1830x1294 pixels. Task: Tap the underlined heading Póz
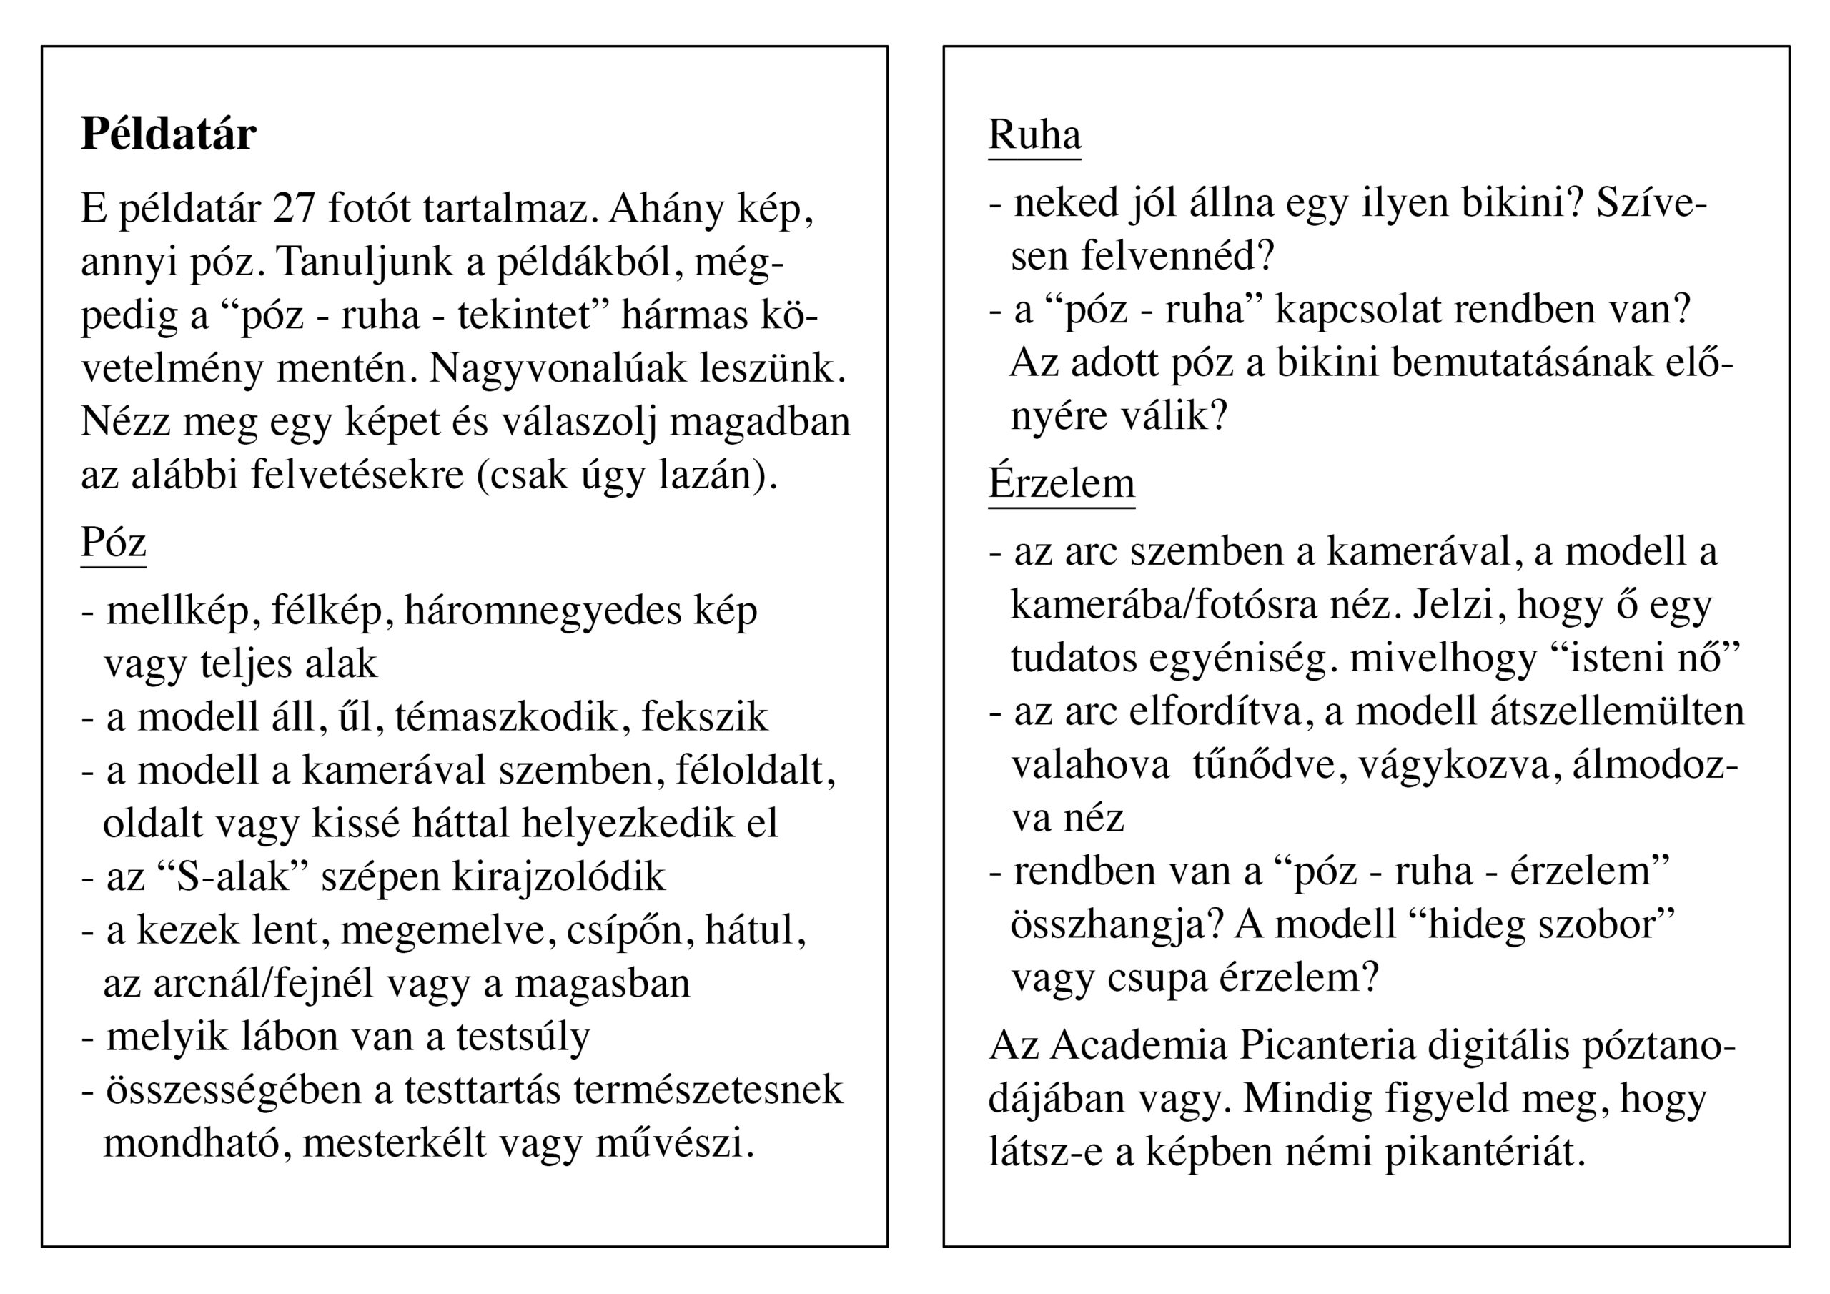(x=113, y=544)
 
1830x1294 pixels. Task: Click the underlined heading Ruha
(x=1034, y=134)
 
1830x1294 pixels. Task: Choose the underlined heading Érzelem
(x=1061, y=483)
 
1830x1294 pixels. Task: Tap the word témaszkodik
(x=506, y=718)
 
